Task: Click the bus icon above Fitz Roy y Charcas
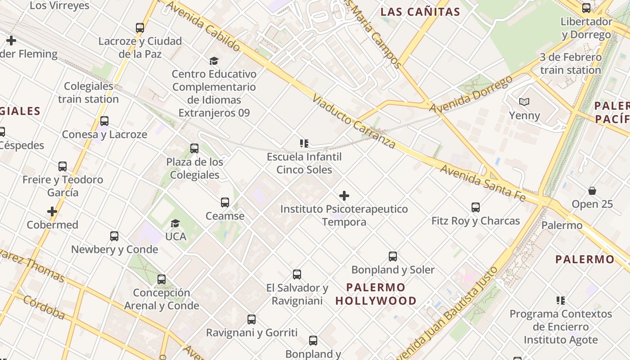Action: pyautogui.click(x=476, y=207)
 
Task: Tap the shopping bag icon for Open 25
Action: pyautogui.click(x=592, y=191)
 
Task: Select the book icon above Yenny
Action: pyautogui.click(x=524, y=102)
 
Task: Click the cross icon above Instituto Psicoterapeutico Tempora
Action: pyautogui.click(x=344, y=196)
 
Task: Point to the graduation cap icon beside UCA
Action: pyautogui.click(x=175, y=223)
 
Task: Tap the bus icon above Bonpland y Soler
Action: pyautogui.click(x=393, y=256)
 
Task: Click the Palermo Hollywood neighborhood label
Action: pyautogui.click(x=376, y=294)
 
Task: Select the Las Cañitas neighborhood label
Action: pyautogui.click(x=420, y=12)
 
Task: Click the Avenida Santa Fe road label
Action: pyautogui.click(x=482, y=182)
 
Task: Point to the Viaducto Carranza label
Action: pyautogui.click(x=354, y=121)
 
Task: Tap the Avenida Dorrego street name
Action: pyautogui.click(x=471, y=94)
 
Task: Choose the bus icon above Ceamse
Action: pyautogui.click(x=225, y=202)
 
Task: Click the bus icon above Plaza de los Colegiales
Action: pyautogui.click(x=194, y=148)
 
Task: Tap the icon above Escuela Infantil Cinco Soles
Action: pyautogui.click(x=304, y=144)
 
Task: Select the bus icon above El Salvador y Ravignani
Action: pyautogui.click(x=297, y=274)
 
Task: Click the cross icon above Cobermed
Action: pyautogui.click(x=52, y=211)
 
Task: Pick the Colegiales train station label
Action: pyautogui.click(x=89, y=92)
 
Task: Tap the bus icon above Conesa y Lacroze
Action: pyautogui.click(x=104, y=121)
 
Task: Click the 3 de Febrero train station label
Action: pyautogui.click(x=571, y=63)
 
